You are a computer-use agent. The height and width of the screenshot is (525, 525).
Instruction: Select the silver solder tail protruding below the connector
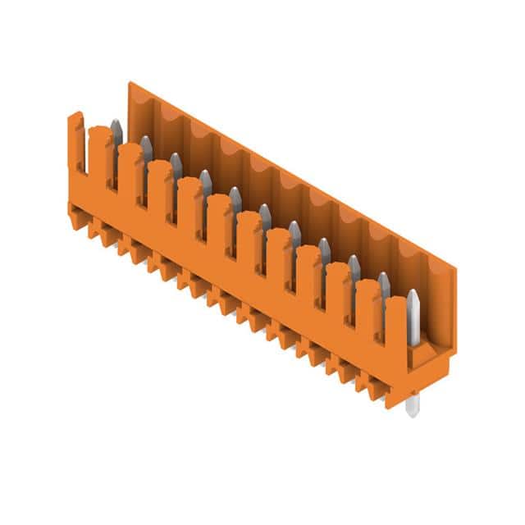click(x=412, y=404)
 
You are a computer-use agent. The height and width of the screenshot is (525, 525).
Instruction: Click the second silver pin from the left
click(x=146, y=149)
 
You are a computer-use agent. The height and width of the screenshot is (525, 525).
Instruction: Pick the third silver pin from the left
click(x=176, y=166)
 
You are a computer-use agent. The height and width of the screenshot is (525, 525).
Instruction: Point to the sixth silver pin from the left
click(x=265, y=217)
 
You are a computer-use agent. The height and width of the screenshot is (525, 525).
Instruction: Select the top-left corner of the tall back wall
click(x=130, y=84)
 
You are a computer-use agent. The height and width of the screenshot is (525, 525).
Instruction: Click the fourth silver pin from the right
click(x=325, y=252)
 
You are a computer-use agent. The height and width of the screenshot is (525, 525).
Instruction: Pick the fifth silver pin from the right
click(x=294, y=235)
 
